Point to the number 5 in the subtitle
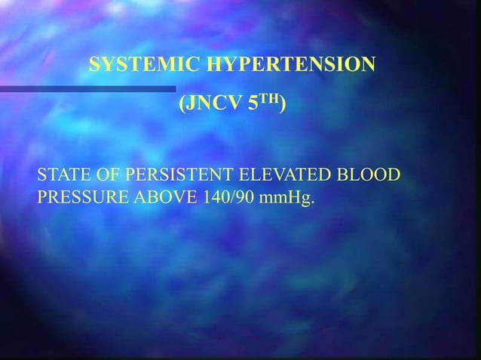point(252,103)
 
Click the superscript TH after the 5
point(268,99)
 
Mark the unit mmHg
point(288,200)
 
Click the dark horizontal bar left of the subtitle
point(87,89)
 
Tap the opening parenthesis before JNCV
point(182,104)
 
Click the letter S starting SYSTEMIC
point(94,66)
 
